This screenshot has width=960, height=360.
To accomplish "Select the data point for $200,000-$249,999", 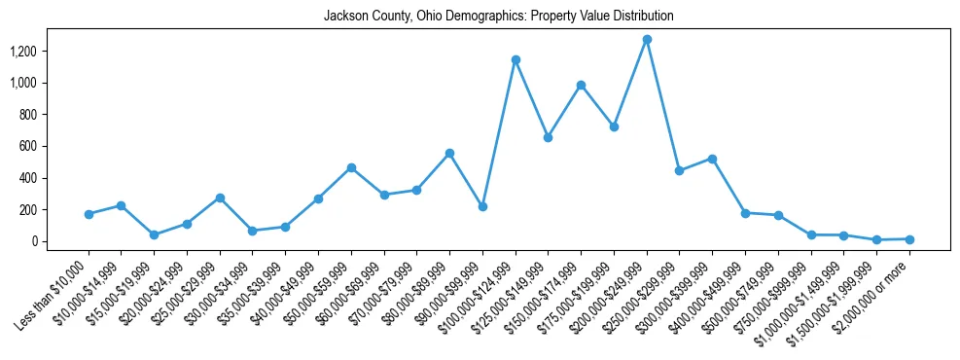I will click(x=647, y=40).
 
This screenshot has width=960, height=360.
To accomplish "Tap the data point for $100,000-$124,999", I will click(x=516, y=60).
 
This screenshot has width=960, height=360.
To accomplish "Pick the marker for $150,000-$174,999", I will click(x=581, y=86).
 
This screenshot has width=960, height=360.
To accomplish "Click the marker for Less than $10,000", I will click(x=89, y=214).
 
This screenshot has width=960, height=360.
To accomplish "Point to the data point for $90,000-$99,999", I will click(x=482, y=207).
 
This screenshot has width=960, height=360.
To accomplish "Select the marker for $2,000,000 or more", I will click(x=909, y=239).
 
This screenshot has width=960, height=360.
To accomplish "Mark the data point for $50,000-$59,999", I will click(x=351, y=167).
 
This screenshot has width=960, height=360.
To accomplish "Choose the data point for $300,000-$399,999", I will click(x=712, y=159).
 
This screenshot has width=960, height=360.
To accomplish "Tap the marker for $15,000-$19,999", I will click(x=154, y=234).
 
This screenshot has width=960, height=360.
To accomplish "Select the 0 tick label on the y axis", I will click(x=36, y=241).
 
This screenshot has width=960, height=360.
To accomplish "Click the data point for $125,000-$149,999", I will click(x=549, y=138).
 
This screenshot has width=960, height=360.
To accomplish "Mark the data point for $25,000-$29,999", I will click(x=220, y=198).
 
